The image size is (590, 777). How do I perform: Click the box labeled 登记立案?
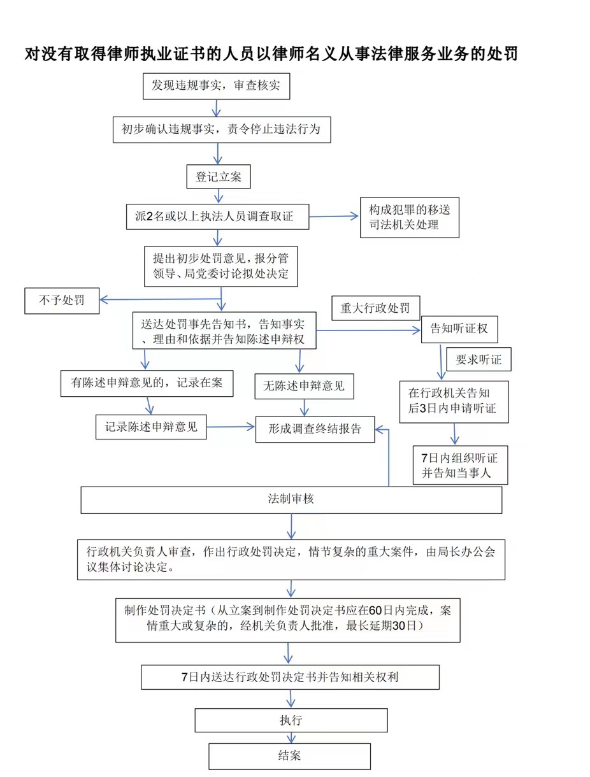coord(218,176)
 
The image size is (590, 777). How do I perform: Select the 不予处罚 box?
coord(62,301)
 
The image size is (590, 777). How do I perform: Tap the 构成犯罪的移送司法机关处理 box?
coord(410,217)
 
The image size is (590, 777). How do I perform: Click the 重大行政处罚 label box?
coord(375,308)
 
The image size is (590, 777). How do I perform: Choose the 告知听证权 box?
coord(459,329)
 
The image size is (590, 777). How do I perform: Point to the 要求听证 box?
coord(478,359)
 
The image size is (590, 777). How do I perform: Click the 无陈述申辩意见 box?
coord(304,386)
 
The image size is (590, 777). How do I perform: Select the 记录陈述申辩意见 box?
coord(151,427)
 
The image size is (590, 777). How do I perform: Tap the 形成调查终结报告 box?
coord(315,429)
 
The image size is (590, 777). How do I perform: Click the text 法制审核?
coord(291,499)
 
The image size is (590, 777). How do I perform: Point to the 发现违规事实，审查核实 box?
coord(217,86)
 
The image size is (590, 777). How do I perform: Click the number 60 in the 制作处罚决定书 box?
coord(375,610)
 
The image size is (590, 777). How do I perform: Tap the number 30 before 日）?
coord(399,626)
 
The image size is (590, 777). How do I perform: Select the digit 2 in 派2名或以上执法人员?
coord(150,216)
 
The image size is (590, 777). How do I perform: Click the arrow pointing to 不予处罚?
coord(161,299)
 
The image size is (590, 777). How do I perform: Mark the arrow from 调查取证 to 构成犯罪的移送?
coord(334,216)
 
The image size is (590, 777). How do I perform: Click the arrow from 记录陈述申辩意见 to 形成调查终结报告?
coord(231,427)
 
